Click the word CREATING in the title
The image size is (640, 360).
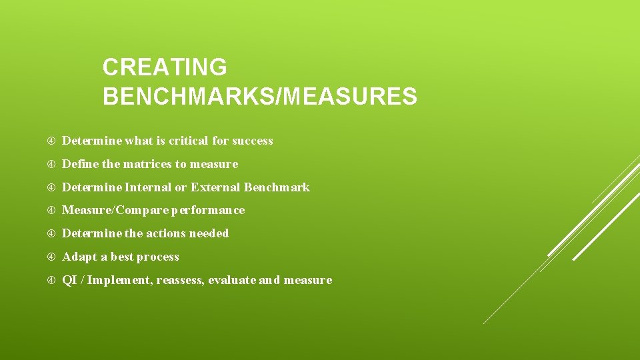(x=165, y=67)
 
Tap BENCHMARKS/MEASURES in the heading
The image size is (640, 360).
(x=260, y=97)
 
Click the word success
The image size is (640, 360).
(x=253, y=141)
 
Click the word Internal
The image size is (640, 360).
(x=148, y=187)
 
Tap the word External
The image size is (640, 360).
(x=215, y=187)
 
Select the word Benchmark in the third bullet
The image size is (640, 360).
(x=277, y=187)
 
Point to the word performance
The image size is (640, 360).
(x=208, y=211)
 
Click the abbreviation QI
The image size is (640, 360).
(x=69, y=280)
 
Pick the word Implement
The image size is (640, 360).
(x=120, y=281)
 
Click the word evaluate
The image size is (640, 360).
(x=231, y=280)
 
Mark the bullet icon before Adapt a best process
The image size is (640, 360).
(x=51, y=257)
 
